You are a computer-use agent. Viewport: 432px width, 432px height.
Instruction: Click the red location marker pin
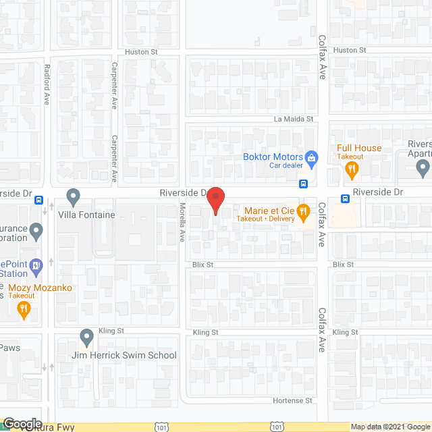pyautogui.click(x=215, y=200)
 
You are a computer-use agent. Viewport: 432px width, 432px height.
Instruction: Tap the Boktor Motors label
pyautogui.click(x=273, y=157)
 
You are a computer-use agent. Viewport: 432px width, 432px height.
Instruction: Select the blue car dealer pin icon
pyautogui.click(x=311, y=159)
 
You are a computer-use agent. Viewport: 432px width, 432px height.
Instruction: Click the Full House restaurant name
pyautogui.click(x=359, y=148)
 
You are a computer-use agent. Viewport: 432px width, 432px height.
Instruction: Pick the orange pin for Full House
pyautogui.click(x=351, y=171)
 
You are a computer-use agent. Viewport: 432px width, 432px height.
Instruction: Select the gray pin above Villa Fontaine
pyautogui.click(x=74, y=196)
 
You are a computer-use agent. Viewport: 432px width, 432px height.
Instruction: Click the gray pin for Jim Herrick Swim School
pyautogui.click(x=86, y=336)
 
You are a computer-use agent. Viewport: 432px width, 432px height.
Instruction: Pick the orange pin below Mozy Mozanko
pyautogui.click(x=24, y=310)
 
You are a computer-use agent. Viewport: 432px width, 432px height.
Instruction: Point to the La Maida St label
pyautogui.click(x=294, y=119)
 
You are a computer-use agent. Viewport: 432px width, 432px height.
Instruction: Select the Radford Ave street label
pyautogui.click(x=47, y=84)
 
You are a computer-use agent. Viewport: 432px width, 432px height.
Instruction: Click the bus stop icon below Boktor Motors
pyautogui.click(x=304, y=184)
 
